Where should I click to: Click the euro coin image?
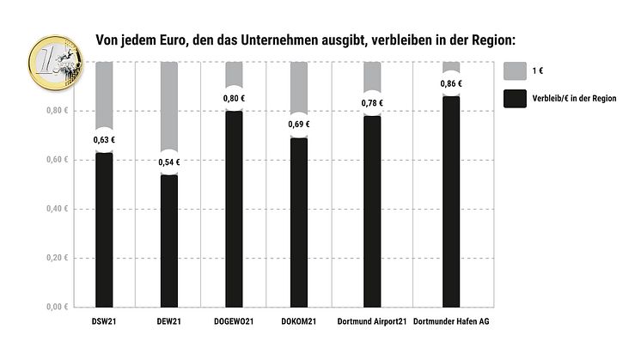[53, 62]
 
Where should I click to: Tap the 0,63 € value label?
[104, 139]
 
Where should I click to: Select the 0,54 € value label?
[169, 162]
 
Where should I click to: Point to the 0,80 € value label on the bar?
[234, 98]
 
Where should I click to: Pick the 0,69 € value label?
[298, 125]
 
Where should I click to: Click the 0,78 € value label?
[372, 103]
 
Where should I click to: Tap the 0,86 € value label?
[450, 83]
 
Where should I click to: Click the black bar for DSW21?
[104, 232]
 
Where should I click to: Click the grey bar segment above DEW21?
[169, 103]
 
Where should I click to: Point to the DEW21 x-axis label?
[169, 322]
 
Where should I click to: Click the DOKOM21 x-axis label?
[298, 322]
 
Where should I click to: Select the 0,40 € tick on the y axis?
[58, 209]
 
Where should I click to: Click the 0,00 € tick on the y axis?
[58, 307]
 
